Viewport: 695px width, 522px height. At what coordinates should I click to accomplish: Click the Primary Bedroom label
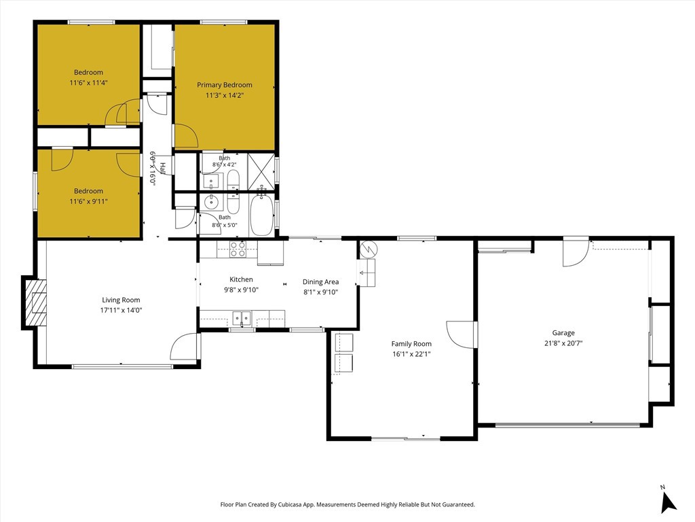pyautogui.click(x=224, y=85)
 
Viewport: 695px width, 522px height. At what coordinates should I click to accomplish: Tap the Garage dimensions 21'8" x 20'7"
pyautogui.click(x=563, y=343)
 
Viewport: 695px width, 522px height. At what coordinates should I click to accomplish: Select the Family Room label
pyautogui.click(x=411, y=343)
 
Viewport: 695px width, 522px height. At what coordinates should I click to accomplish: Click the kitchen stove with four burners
pyautogui.click(x=238, y=249)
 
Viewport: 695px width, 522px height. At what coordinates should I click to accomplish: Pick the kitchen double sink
pyautogui.click(x=242, y=318)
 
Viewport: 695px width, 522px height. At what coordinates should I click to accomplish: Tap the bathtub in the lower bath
pyautogui.click(x=261, y=215)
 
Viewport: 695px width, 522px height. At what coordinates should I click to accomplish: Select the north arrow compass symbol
pyautogui.click(x=668, y=500)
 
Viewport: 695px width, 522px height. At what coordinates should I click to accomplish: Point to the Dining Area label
pyautogui.click(x=320, y=282)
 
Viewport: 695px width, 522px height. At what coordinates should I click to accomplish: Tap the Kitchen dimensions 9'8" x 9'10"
pyautogui.click(x=241, y=290)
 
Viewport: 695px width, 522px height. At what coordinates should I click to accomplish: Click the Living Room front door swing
pyautogui.click(x=184, y=346)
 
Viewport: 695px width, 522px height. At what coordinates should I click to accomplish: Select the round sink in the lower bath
pyautogui.click(x=212, y=203)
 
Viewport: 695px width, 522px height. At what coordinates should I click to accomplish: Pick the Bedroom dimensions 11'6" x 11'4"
pyautogui.click(x=89, y=82)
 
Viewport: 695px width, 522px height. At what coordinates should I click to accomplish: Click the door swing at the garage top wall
pyautogui.click(x=576, y=253)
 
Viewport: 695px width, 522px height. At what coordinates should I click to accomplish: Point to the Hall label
pyautogui.click(x=163, y=169)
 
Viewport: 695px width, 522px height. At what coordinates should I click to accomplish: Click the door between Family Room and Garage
pyautogui.click(x=461, y=334)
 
